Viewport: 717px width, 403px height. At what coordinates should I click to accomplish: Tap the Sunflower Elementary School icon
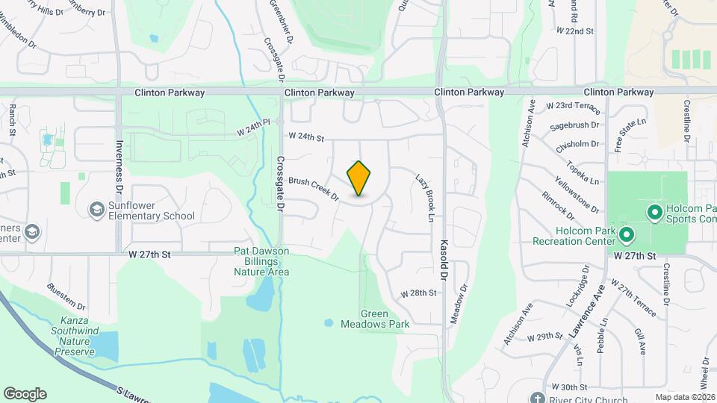tap(96, 210)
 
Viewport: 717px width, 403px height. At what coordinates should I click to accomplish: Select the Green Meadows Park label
tap(375, 319)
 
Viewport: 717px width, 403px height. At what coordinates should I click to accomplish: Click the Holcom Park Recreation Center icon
tap(626, 235)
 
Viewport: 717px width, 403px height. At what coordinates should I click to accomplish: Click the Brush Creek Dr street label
tap(314, 190)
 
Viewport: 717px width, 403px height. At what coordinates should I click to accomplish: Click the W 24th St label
tap(306, 137)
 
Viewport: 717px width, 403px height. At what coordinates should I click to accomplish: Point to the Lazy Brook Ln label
tap(423, 199)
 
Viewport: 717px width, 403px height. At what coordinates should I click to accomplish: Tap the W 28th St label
tap(418, 293)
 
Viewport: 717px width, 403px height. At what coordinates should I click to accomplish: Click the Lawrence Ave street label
tap(586, 313)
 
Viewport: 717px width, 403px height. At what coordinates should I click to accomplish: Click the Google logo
tap(25, 394)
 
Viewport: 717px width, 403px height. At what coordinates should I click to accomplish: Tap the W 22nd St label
tap(574, 31)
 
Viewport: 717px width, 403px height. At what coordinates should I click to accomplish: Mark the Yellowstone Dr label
tap(577, 194)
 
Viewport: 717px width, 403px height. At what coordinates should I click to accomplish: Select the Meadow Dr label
tap(459, 304)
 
